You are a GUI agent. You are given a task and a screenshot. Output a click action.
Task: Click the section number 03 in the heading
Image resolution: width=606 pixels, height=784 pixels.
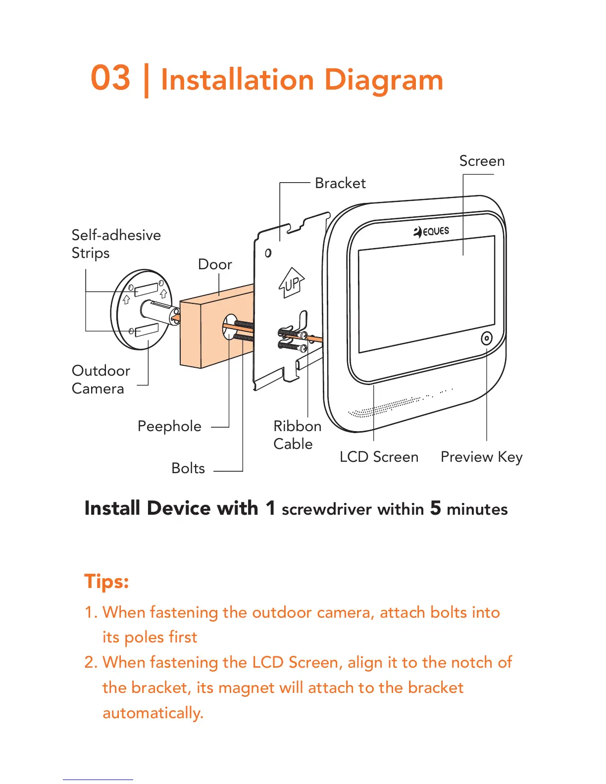point(110,78)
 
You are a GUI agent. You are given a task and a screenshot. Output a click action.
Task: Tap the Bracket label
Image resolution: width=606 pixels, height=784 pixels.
point(340,183)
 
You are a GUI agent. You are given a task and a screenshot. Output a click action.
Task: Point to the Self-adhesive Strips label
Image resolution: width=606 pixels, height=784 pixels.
point(116,244)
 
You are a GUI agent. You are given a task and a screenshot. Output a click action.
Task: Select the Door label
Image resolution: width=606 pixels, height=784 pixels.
point(215,264)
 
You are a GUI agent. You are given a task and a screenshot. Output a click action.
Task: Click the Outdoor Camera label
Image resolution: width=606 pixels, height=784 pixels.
point(101,380)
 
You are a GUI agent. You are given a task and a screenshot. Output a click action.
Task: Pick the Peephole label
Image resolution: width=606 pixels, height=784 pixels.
point(169,426)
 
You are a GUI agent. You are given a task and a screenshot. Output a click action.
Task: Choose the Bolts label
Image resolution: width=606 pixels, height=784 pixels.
point(188,468)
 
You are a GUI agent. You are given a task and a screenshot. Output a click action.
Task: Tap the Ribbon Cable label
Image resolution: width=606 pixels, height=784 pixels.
point(297,435)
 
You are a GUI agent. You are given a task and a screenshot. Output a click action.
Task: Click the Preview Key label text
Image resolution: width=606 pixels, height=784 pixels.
point(481,457)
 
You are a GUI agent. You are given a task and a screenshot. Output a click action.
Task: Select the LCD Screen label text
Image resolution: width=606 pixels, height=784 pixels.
point(379,457)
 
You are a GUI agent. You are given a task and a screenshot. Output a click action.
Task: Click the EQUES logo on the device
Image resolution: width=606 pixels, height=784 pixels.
point(431,231)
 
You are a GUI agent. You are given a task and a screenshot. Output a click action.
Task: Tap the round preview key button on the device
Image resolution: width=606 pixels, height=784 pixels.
point(487,339)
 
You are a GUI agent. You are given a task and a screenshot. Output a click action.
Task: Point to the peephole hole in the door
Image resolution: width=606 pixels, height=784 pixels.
point(230,326)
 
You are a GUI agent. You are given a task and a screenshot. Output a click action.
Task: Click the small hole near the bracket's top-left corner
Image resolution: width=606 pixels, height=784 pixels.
point(268,253)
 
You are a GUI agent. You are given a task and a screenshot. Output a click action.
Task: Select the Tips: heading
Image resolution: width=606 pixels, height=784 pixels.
point(106,581)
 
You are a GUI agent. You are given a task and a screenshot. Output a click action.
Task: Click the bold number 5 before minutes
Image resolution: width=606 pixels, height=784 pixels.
point(435,508)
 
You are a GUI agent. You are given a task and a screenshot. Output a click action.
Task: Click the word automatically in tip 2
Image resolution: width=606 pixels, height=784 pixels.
point(152,713)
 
